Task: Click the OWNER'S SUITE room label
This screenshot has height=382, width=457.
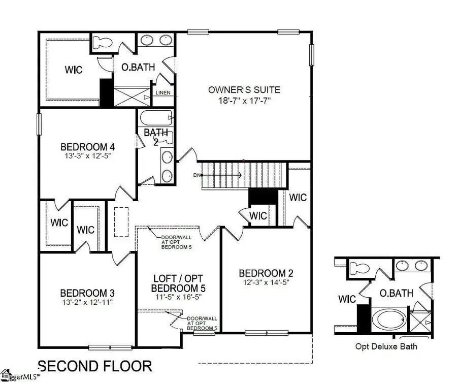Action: [x=244, y=90]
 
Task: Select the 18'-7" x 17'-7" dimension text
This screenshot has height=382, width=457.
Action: [x=244, y=100]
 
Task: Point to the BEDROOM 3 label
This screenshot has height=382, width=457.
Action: [x=87, y=293]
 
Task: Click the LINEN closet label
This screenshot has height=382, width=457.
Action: [x=163, y=93]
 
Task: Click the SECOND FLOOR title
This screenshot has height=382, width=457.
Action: [x=95, y=366]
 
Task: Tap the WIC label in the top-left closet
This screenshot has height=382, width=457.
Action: [x=73, y=69]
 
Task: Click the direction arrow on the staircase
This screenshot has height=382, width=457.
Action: [x=223, y=175]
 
